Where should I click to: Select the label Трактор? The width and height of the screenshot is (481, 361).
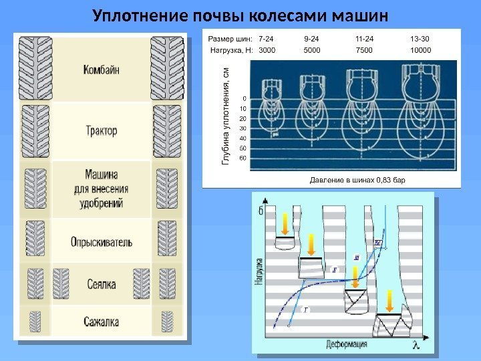click(x=102, y=130)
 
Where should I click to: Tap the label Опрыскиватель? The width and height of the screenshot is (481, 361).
click(x=102, y=241)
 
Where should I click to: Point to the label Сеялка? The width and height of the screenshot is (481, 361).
click(x=102, y=285)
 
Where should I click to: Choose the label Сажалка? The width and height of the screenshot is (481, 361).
click(x=102, y=322)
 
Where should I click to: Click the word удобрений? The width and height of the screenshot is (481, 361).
click(x=102, y=203)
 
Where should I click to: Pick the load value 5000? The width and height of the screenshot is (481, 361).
click(x=312, y=49)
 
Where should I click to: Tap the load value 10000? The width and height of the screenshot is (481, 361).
click(x=421, y=49)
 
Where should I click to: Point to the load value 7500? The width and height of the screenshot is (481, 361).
click(x=365, y=49)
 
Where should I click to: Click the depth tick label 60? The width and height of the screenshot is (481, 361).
click(x=243, y=158)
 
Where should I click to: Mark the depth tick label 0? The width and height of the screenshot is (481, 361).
click(x=245, y=98)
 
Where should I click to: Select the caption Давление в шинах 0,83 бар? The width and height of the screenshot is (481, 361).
click(x=358, y=180)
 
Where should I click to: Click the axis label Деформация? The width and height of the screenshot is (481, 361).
click(x=347, y=345)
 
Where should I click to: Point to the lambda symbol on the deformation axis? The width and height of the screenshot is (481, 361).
click(x=416, y=344)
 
